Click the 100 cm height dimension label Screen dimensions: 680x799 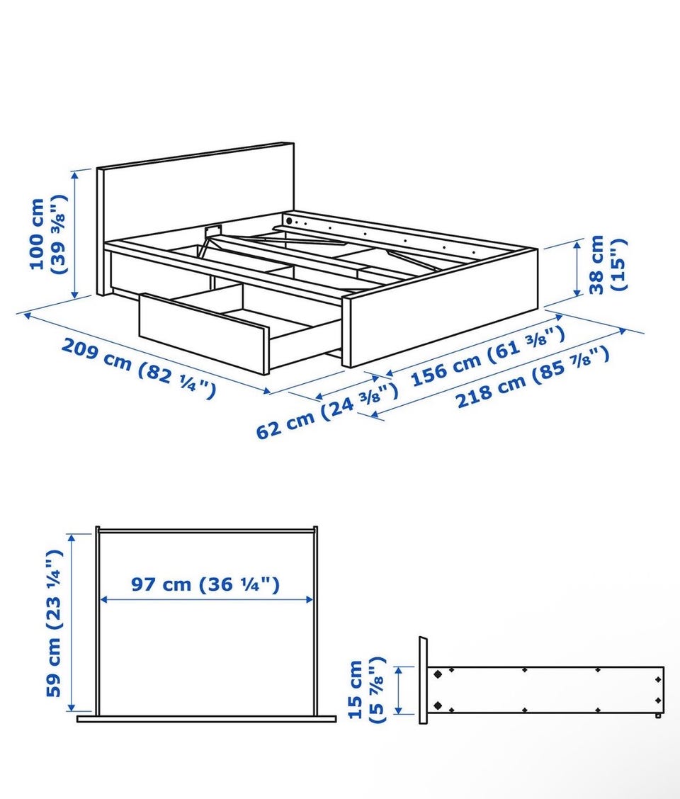click(48, 234)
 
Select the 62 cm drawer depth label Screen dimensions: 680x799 click(327, 412)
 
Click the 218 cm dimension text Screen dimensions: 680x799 click(532, 378)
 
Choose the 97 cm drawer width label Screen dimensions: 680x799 click(205, 584)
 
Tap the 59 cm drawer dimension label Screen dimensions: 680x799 click(54, 623)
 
